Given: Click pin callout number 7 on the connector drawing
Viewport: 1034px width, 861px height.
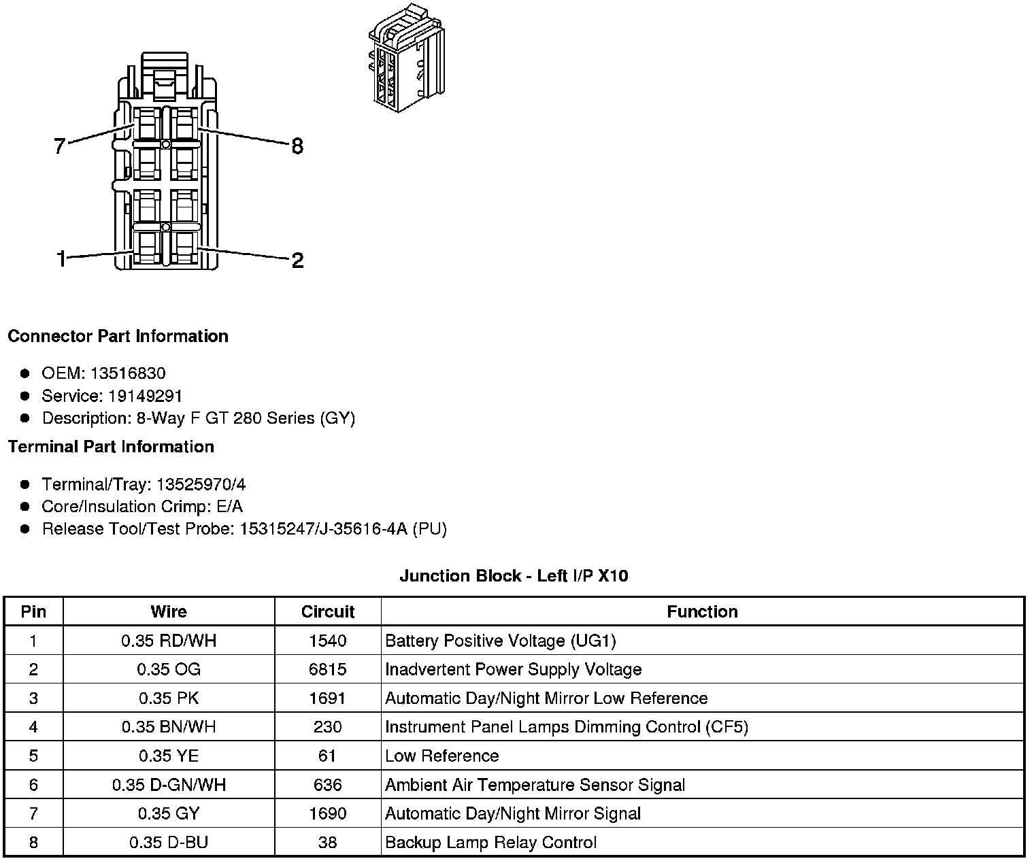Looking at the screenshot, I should click(60, 146).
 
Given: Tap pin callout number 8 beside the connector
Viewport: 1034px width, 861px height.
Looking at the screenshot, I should click(297, 146).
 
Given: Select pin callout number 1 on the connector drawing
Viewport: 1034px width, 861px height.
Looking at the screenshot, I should click(61, 259).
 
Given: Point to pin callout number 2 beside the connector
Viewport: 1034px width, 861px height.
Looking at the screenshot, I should click(297, 260).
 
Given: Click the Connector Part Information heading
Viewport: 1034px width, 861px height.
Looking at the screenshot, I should click(118, 336).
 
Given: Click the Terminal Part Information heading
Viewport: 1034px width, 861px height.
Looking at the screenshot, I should click(111, 446).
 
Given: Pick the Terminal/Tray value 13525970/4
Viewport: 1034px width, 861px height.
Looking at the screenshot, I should click(201, 484).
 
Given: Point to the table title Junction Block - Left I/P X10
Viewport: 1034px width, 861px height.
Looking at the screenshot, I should click(514, 576).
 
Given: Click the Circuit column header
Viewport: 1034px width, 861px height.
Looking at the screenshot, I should click(328, 611).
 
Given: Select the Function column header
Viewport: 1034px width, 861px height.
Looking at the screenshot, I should click(702, 611).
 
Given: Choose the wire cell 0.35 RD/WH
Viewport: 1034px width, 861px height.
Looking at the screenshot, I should click(169, 641).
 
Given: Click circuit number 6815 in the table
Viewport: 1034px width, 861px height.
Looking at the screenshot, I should click(328, 669).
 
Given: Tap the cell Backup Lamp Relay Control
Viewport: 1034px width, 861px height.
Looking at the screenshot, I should click(490, 843).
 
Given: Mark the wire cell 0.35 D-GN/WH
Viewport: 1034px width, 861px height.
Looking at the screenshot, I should click(169, 785).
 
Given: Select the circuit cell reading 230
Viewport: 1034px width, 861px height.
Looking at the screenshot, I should click(328, 727).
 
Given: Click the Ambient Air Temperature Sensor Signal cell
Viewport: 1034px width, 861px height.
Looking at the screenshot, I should click(535, 785).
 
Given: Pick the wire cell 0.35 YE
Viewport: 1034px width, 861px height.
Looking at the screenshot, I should click(169, 756).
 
